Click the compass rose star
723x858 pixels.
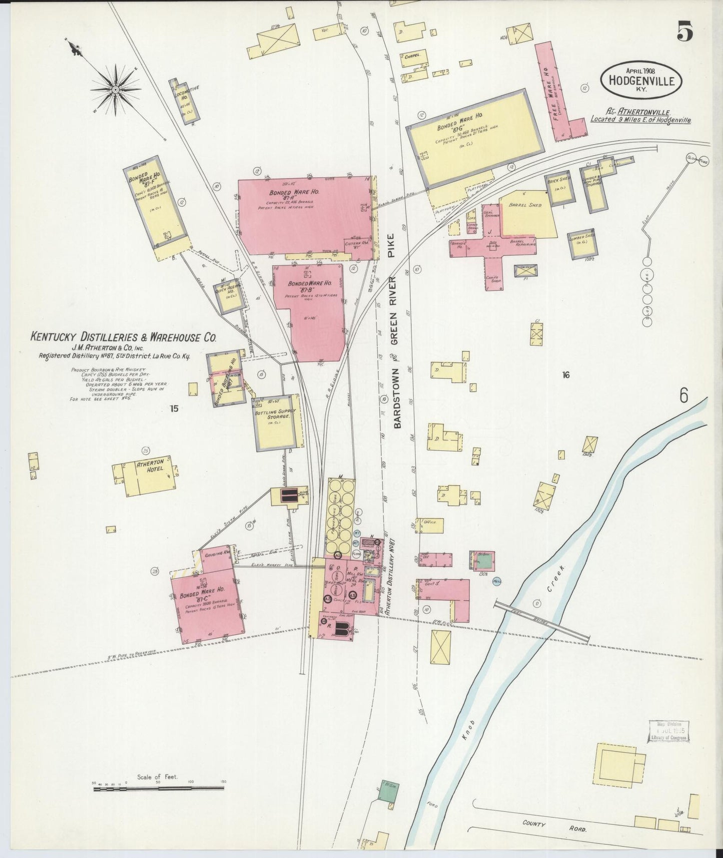(x=116, y=89)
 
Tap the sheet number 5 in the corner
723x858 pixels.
(x=684, y=33)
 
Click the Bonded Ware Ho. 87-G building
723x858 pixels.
(x=475, y=136)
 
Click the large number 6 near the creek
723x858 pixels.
(x=684, y=395)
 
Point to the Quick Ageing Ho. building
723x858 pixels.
(x=228, y=295)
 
